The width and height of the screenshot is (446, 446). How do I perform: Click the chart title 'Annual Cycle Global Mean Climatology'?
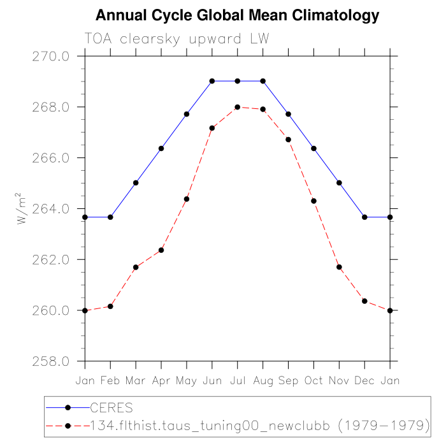pos(237,15)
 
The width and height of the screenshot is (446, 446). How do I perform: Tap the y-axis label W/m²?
pos(23,208)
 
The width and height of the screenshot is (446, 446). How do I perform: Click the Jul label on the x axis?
pos(238,380)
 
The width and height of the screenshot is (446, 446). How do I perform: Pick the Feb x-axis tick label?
pos(110,380)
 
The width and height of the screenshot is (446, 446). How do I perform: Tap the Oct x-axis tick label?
pos(313,380)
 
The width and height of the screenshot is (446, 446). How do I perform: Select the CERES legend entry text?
pos(112,406)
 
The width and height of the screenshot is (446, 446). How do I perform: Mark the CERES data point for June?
pos(212,81)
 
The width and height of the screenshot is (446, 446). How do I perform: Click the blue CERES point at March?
pos(136,183)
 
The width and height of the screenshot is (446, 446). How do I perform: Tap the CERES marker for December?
pos(364,217)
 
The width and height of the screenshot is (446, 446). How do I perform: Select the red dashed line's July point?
pos(238,107)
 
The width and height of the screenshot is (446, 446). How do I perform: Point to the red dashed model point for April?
pos(161,250)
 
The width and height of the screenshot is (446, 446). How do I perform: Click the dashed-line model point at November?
pos(339,267)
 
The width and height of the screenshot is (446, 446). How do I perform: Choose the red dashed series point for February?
pos(110,306)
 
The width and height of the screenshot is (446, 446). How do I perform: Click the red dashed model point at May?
pos(187,199)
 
